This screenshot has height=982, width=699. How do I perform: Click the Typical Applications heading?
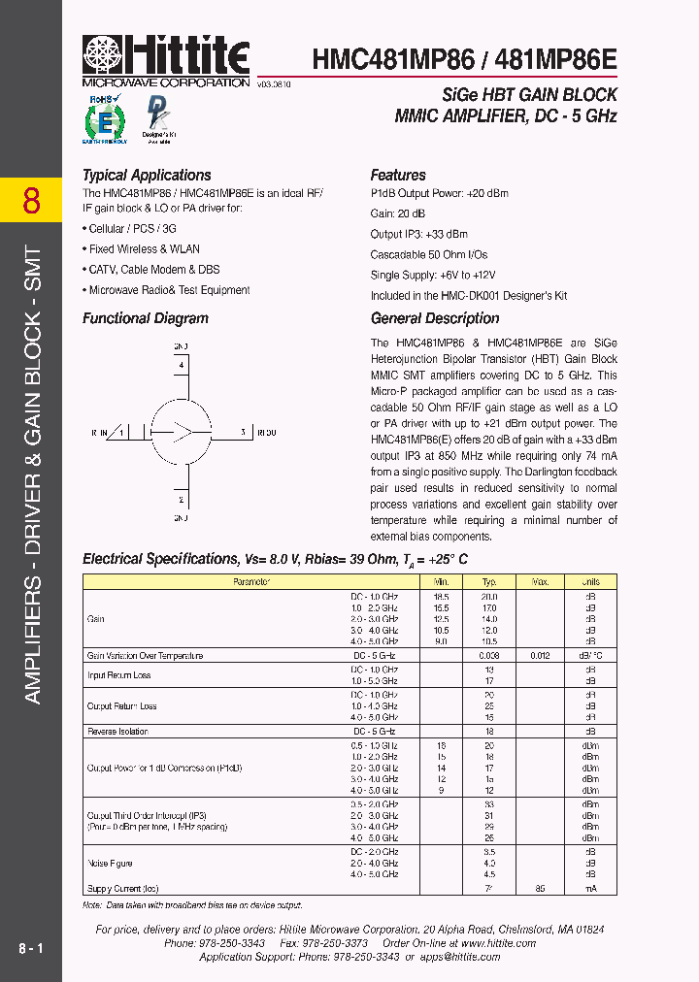coord(147,176)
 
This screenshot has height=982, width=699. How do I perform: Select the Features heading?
coord(398,176)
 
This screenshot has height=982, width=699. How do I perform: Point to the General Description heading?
coord(435,318)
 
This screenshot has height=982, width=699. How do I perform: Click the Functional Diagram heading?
coord(146,318)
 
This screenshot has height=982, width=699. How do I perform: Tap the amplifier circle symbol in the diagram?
coord(182,433)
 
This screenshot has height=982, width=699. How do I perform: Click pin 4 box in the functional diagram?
coord(182,366)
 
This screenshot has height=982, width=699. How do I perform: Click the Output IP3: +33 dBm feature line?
coord(418,234)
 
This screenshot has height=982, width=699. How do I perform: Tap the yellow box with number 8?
coord(31,201)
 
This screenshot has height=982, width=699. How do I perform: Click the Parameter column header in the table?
coord(250,582)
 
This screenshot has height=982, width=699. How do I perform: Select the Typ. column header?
coord(488,582)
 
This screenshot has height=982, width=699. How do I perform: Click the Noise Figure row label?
coord(110,863)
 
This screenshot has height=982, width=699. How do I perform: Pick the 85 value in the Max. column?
coord(539,888)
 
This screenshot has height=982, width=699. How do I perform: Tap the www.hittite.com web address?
coord(500,943)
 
